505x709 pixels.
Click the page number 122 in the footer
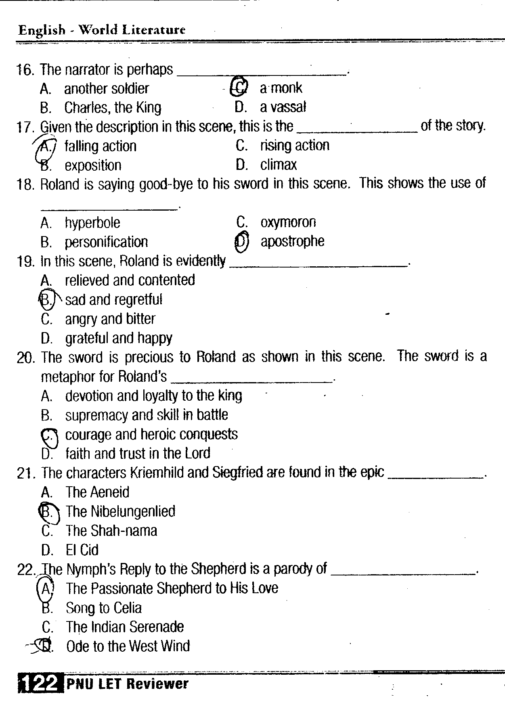tap(40, 684)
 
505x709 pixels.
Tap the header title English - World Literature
tap(102, 30)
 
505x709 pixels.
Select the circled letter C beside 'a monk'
tap(239, 87)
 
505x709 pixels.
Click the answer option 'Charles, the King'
tap(113, 108)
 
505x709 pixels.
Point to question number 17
tap(25, 127)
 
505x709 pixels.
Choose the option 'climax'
tap(278, 165)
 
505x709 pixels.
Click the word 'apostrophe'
tap(292, 241)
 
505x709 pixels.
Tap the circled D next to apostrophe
tap(241, 241)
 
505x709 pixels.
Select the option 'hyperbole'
tap(92, 223)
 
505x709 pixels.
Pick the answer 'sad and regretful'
tap(113, 300)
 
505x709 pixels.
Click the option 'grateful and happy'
tap(119, 338)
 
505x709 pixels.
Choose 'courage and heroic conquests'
tap(151, 435)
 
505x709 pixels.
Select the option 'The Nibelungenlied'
tap(120, 512)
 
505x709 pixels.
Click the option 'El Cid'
tap(82, 550)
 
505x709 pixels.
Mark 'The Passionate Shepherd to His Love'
tap(172, 588)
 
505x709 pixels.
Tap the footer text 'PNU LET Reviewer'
tap(128, 684)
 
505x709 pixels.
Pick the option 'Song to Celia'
tap(104, 608)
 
